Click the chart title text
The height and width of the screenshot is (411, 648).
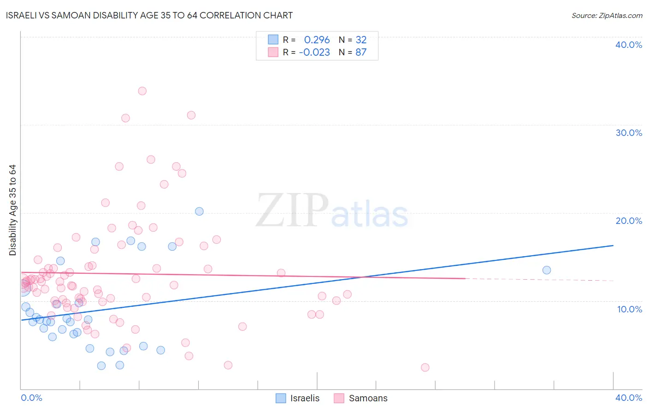click(149, 15)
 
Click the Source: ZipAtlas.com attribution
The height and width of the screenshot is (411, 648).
click(607, 15)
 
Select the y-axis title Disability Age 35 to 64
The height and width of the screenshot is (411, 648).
click(12, 210)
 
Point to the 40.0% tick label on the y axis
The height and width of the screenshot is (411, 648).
click(629, 45)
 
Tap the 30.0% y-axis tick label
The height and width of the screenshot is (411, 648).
click(629, 133)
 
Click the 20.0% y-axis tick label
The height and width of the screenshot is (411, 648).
click(629, 221)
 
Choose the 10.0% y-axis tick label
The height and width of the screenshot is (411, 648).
click(630, 309)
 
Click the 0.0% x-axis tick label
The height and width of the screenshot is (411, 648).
click(31, 398)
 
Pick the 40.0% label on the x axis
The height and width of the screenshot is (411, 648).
click(629, 398)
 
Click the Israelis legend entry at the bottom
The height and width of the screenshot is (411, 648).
click(298, 398)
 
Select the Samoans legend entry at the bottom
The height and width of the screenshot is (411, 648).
click(361, 398)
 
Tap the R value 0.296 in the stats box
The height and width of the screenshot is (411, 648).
click(317, 40)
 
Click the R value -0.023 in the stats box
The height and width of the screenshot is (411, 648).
click(314, 53)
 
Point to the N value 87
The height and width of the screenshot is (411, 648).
click(361, 53)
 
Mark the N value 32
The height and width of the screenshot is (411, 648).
click(361, 40)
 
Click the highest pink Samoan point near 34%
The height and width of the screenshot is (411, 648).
click(142, 91)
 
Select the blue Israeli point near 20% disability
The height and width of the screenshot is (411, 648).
click(199, 211)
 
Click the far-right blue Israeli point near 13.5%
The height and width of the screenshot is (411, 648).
click(547, 270)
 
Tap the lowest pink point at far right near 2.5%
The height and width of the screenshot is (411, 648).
click(425, 367)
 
